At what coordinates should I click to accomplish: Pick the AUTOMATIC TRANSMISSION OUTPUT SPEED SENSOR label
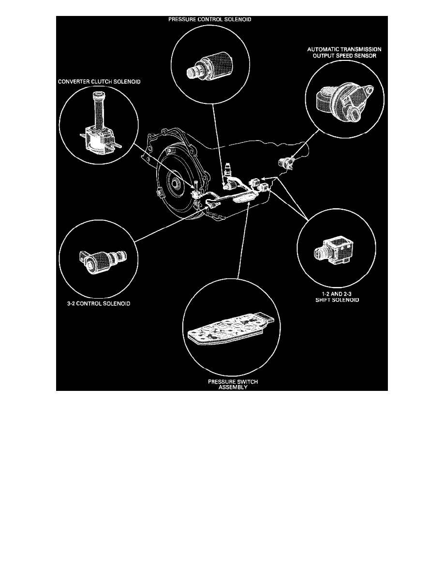click(344, 53)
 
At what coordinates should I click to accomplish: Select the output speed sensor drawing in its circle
click(344, 100)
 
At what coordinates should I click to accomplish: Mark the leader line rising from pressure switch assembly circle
click(243, 242)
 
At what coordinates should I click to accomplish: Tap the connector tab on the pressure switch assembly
click(269, 321)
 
